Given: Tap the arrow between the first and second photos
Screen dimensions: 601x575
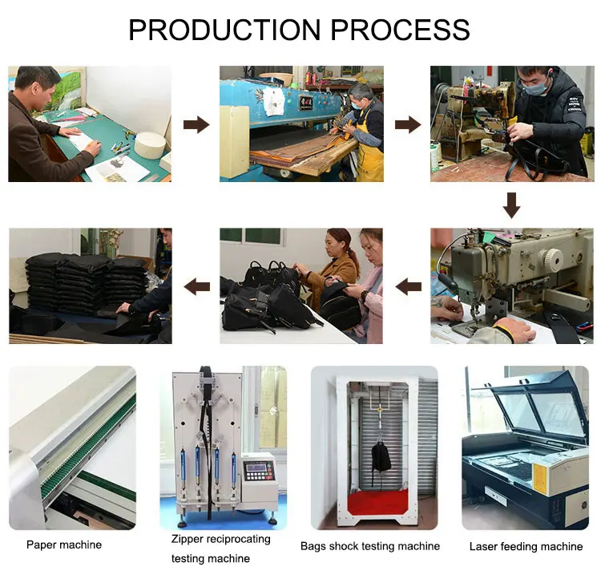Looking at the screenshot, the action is pyautogui.click(x=196, y=124).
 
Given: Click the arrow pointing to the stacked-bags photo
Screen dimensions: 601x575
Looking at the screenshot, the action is pyautogui.click(x=196, y=285).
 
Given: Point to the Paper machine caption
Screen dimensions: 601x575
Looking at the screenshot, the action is pyautogui.click(x=64, y=545).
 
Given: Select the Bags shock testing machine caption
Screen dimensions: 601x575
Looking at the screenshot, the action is pyautogui.click(x=370, y=546).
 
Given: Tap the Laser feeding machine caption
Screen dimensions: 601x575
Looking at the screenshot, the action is pyautogui.click(x=526, y=546).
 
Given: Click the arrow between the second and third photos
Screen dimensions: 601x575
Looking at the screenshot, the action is pyautogui.click(x=408, y=124).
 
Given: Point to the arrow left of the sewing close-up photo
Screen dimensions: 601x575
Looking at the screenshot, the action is pyautogui.click(x=409, y=285).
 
